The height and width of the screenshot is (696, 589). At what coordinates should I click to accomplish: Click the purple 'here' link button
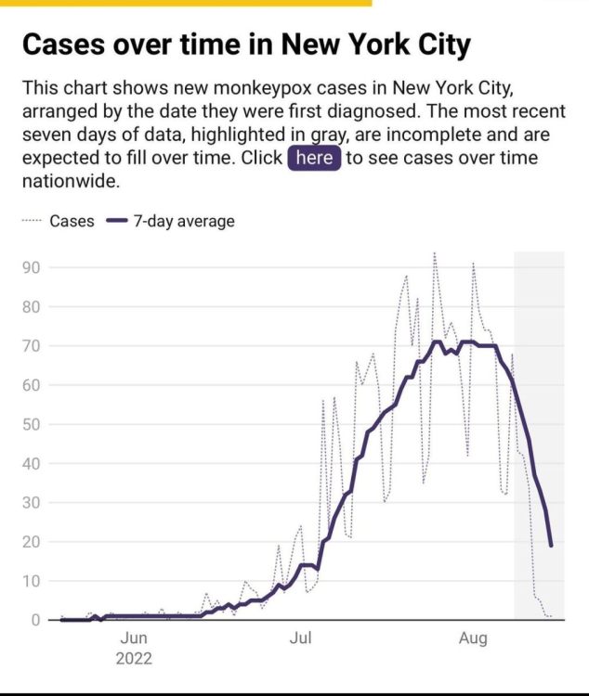point(314,158)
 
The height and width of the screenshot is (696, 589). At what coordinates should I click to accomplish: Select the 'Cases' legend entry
point(72,222)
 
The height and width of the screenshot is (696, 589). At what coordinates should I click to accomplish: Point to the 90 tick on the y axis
point(33,268)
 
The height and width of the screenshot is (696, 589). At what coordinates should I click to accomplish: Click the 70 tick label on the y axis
point(33,346)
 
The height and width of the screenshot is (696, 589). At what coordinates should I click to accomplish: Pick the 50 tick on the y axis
point(33,424)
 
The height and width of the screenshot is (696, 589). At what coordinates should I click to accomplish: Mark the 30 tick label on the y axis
point(33,502)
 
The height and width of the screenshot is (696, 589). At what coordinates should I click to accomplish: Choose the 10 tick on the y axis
point(33,581)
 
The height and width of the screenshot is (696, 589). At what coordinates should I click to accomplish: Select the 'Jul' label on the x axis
point(300,638)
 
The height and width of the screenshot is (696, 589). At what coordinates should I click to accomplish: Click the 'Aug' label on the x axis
point(473,638)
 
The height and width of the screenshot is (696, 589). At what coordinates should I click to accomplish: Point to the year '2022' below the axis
point(133,659)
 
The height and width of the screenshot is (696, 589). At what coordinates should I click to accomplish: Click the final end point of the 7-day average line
point(551,545)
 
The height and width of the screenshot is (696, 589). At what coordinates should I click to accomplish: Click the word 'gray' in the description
point(317,135)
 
